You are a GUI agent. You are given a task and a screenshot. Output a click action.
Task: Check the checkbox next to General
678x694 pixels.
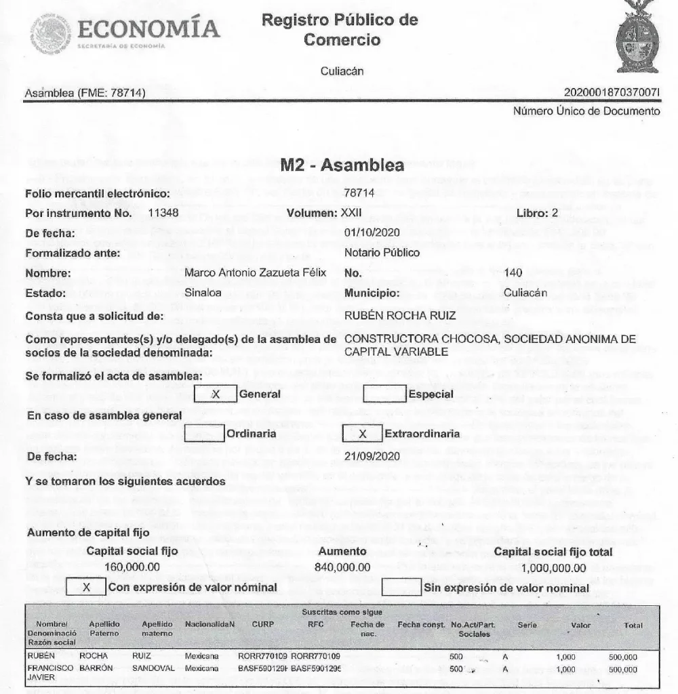(x=215, y=394)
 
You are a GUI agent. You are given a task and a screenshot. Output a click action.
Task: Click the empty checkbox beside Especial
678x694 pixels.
(x=384, y=394)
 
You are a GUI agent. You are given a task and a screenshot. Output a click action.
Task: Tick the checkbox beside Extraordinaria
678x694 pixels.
(x=363, y=433)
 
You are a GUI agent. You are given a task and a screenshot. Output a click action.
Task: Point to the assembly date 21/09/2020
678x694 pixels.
(x=368, y=456)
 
